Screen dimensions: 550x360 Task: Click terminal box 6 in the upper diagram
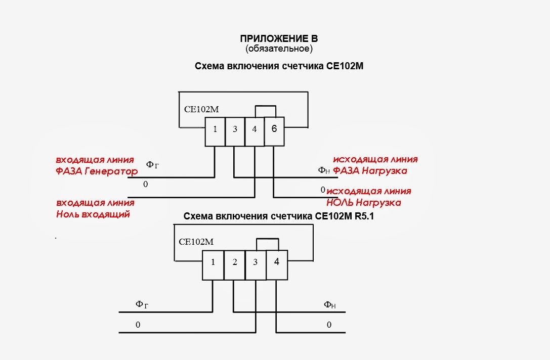[274, 131]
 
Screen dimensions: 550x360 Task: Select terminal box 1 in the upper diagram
[215, 131]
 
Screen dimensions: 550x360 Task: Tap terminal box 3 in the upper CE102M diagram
[235, 131]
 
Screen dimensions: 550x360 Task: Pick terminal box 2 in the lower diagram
[235, 265]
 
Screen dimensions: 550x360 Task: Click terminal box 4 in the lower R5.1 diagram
[277, 265]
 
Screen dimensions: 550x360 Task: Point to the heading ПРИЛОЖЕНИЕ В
[279, 38]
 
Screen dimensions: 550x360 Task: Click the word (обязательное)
[279, 49]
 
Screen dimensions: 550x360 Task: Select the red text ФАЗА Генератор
[97, 171]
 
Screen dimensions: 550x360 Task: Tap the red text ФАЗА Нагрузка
[370, 171]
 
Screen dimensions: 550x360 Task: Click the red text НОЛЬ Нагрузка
[364, 203]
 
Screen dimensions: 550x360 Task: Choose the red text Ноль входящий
[93, 214]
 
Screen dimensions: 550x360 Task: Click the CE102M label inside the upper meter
[201, 109]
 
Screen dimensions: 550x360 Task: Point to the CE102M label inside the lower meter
[196, 242]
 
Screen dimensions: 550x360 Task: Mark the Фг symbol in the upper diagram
[152, 165]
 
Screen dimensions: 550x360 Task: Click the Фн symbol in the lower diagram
[329, 304]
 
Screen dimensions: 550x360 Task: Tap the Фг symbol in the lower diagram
[142, 304]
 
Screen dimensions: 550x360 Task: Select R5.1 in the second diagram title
[364, 216]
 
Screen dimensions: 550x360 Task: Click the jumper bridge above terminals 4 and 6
[266, 106]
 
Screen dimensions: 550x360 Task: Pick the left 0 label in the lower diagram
[138, 325]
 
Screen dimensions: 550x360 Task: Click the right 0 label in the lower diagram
[329, 325]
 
